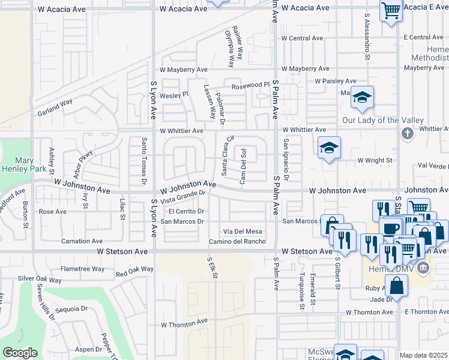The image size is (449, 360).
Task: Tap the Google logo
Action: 20,353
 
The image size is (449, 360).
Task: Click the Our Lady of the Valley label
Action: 382,120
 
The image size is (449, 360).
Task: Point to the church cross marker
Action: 408,133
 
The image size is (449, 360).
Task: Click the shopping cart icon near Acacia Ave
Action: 391,10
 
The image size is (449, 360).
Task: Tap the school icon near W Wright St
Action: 329,148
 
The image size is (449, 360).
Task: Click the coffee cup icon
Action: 391,229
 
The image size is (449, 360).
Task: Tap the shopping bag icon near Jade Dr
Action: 397,287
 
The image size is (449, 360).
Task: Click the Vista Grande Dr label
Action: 182,196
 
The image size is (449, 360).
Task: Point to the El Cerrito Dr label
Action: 187,211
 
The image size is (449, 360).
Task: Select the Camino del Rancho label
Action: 237,241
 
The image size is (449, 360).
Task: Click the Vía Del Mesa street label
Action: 243,231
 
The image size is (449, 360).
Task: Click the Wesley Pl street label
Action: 173,94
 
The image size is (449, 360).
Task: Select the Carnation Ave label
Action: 83,241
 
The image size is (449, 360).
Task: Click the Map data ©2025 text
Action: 423,355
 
